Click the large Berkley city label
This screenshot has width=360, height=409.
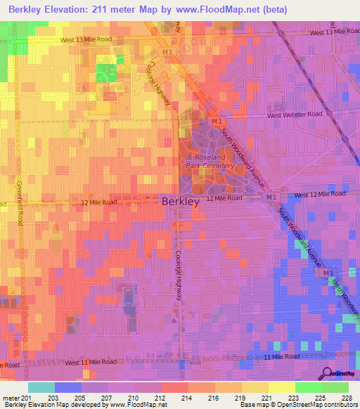click(x=181, y=201)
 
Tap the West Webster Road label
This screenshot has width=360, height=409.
click(x=294, y=115)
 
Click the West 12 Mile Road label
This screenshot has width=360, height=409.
click(x=321, y=194)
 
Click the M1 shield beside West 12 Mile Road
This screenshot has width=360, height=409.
click(x=271, y=198)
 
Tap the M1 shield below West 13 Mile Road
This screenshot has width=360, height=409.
click(x=167, y=52)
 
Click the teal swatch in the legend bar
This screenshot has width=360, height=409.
click(x=41, y=387)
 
